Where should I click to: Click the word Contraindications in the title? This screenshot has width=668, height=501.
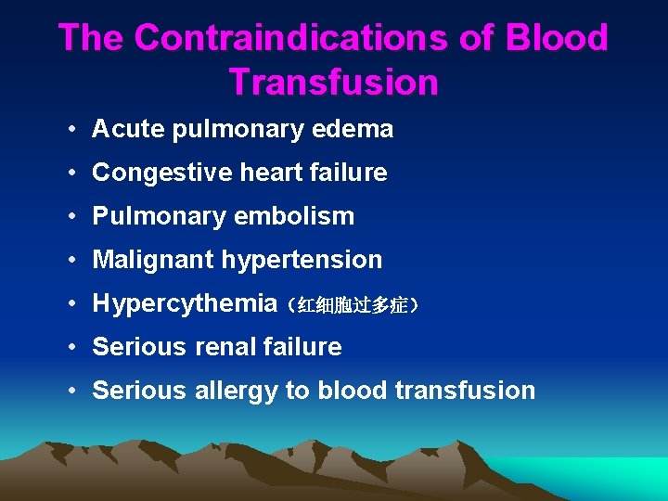(295, 38)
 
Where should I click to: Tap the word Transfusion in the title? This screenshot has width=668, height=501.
(333, 83)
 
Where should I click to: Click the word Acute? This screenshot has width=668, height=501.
(125, 129)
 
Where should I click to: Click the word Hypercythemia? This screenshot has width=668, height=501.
(185, 303)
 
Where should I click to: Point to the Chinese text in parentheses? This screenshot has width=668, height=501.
(353, 305)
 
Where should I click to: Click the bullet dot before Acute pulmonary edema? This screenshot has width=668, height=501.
(71, 130)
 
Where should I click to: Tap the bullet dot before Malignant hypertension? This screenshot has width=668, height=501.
(71, 261)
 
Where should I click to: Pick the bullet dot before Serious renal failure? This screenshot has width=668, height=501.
(71, 348)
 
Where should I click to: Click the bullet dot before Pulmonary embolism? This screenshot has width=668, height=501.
(71, 217)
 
